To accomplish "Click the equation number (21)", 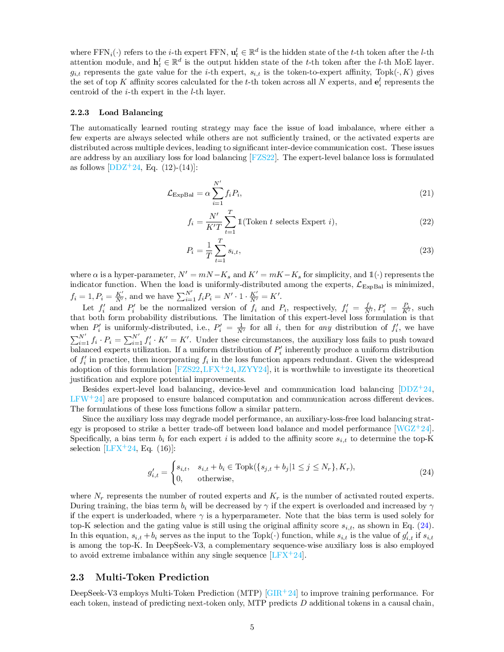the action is tap(426, 193).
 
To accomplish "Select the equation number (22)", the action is tap(426, 222).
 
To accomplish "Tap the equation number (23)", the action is tap(426, 250).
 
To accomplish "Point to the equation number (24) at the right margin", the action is tap(426, 472).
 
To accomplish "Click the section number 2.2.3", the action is tap(80, 113).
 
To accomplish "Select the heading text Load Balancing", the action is tap(131, 113).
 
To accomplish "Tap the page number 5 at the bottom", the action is tap(252, 627).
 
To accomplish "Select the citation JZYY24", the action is tap(252, 369).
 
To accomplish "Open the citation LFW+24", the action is tap(86, 399).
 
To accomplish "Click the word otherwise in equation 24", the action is tap(215, 479).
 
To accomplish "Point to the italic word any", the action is tap(325, 327).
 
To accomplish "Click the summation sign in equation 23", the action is tap(220, 251).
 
